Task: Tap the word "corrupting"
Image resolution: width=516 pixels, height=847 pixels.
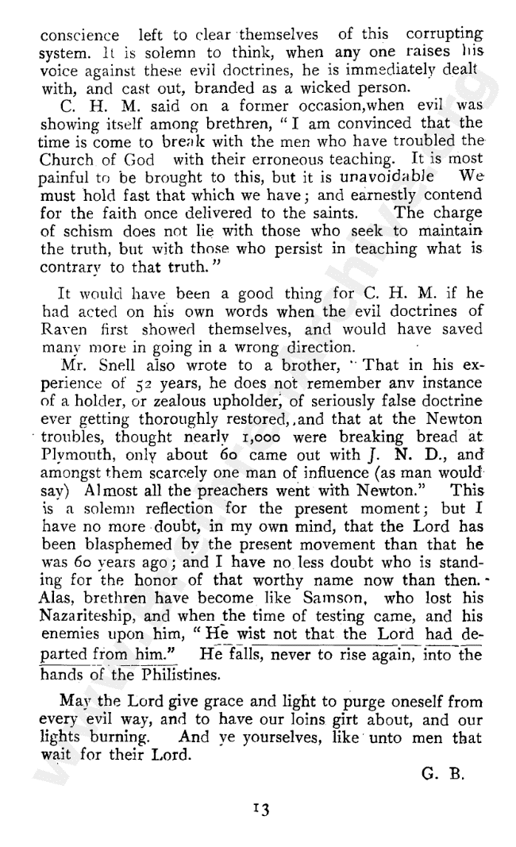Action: [444, 36]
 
